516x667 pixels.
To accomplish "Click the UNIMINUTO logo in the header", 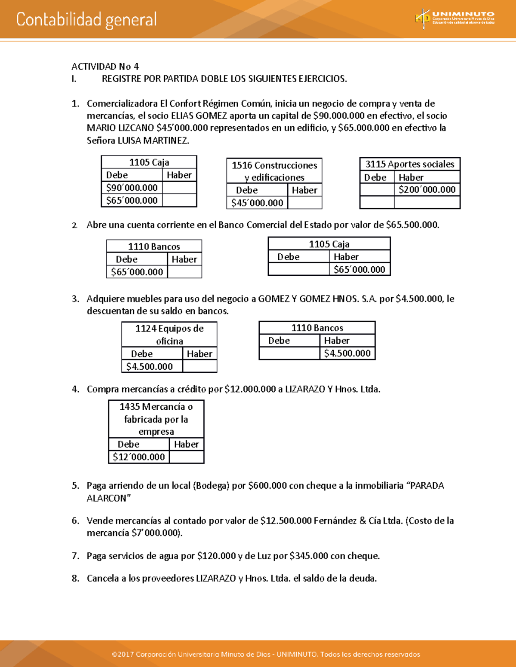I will click(x=455, y=19).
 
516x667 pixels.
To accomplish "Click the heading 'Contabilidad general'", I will click(x=86, y=20).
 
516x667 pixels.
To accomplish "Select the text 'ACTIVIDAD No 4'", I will click(x=105, y=67).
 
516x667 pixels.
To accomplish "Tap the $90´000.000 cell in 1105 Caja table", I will click(x=132, y=188).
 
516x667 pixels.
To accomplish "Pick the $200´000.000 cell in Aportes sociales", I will click(x=427, y=190).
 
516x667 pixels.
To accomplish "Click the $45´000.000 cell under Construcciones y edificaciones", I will click(x=257, y=203).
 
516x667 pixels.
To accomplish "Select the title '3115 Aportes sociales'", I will click(x=409, y=164).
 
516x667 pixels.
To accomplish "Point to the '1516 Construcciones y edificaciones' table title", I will click(x=274, y=171).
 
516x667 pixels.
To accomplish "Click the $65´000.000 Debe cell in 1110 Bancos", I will click(x=137, y=272).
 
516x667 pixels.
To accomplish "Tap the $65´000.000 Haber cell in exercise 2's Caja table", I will click(x=359, y=269).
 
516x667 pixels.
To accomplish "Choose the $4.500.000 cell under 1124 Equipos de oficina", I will click(x=150, y=366).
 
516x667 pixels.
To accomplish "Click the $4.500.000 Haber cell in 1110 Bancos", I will click(x=347, y=353).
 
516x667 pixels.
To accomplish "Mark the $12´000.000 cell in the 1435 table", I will click(x=138, y=457).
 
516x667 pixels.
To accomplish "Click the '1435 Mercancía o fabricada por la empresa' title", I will click(x=156, y=419).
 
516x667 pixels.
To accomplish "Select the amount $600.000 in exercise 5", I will click(x=267, y=486).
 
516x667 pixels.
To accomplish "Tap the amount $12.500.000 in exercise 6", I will click(x=286, y=521).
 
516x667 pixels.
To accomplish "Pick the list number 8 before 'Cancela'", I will click(x=75, y=579).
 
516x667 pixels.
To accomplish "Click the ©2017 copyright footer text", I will click(x=266, y=654).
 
